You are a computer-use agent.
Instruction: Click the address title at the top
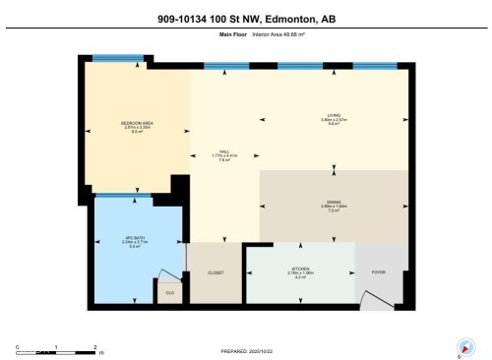point(245,18)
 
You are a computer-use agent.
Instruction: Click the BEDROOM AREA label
point(135,124)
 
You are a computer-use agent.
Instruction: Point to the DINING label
point(334,205)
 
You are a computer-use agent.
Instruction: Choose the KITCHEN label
point(299,271)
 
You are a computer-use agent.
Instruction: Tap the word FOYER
point(379,270)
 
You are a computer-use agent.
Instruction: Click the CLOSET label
point(216,271)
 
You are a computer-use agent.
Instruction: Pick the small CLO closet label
point(169,291)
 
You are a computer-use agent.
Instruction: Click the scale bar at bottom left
point(57,351)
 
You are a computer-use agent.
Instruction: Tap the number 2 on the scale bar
point(94,346)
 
